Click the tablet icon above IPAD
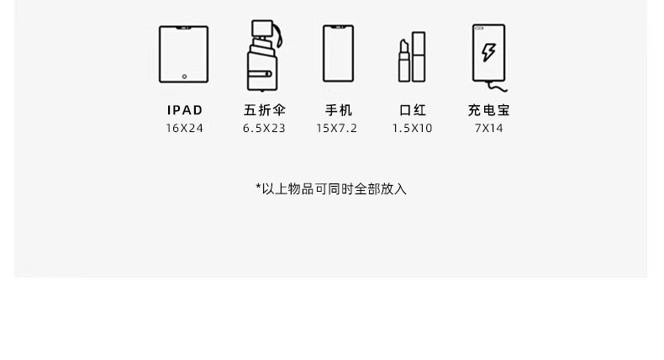tap(184, 55)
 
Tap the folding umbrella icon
tap(262, 57)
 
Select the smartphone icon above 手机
tap(338, 55)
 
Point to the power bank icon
tap(488, 53)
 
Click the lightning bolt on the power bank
tap(488, 53)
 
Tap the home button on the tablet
tap(184, 77)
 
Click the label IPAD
tap(185, 110)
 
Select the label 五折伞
tap(264, 110)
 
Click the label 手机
tap(338, 110)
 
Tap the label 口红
tap(412, 110)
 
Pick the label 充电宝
tap(488, 110)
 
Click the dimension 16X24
tap(184, 129)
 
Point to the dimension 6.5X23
tap(264, 129)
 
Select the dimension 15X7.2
tap(336, 129)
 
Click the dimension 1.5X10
tap(412, 129)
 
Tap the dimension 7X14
tap(488, 129)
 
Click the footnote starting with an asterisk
tap(331, 189)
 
